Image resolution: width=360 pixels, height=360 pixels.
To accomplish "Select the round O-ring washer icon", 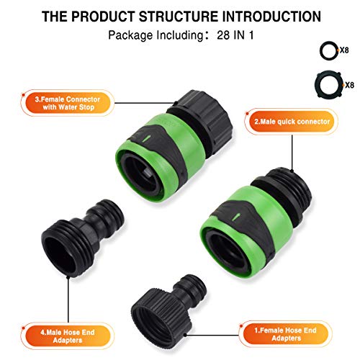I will (x=325, y=53).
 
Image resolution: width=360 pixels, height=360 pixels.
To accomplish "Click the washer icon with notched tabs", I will (x=325, y=84).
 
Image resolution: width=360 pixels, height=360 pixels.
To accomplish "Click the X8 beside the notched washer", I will (x=349, y=85).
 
